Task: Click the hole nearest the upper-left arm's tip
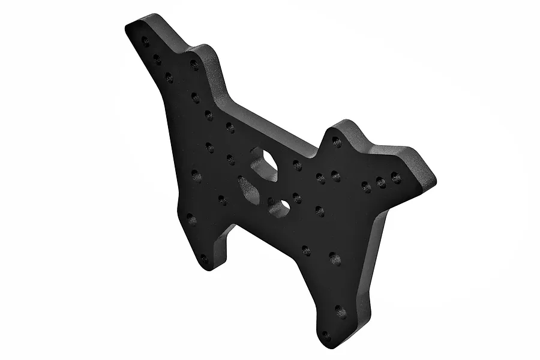click(x=145, y=41)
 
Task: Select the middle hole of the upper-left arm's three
click(x=157, y=59)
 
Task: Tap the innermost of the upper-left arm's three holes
click(x=169, y=77)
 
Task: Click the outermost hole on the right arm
click(x=395, y=177)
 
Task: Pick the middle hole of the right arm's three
click(x=380, y=181)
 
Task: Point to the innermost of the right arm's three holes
click(x=365, y=186)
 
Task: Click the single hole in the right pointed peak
click(x=337, y=142)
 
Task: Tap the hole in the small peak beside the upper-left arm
click(x=194, y=64)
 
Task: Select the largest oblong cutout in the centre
click(x=264, y=163)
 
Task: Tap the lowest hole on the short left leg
click(x=204, y=260)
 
